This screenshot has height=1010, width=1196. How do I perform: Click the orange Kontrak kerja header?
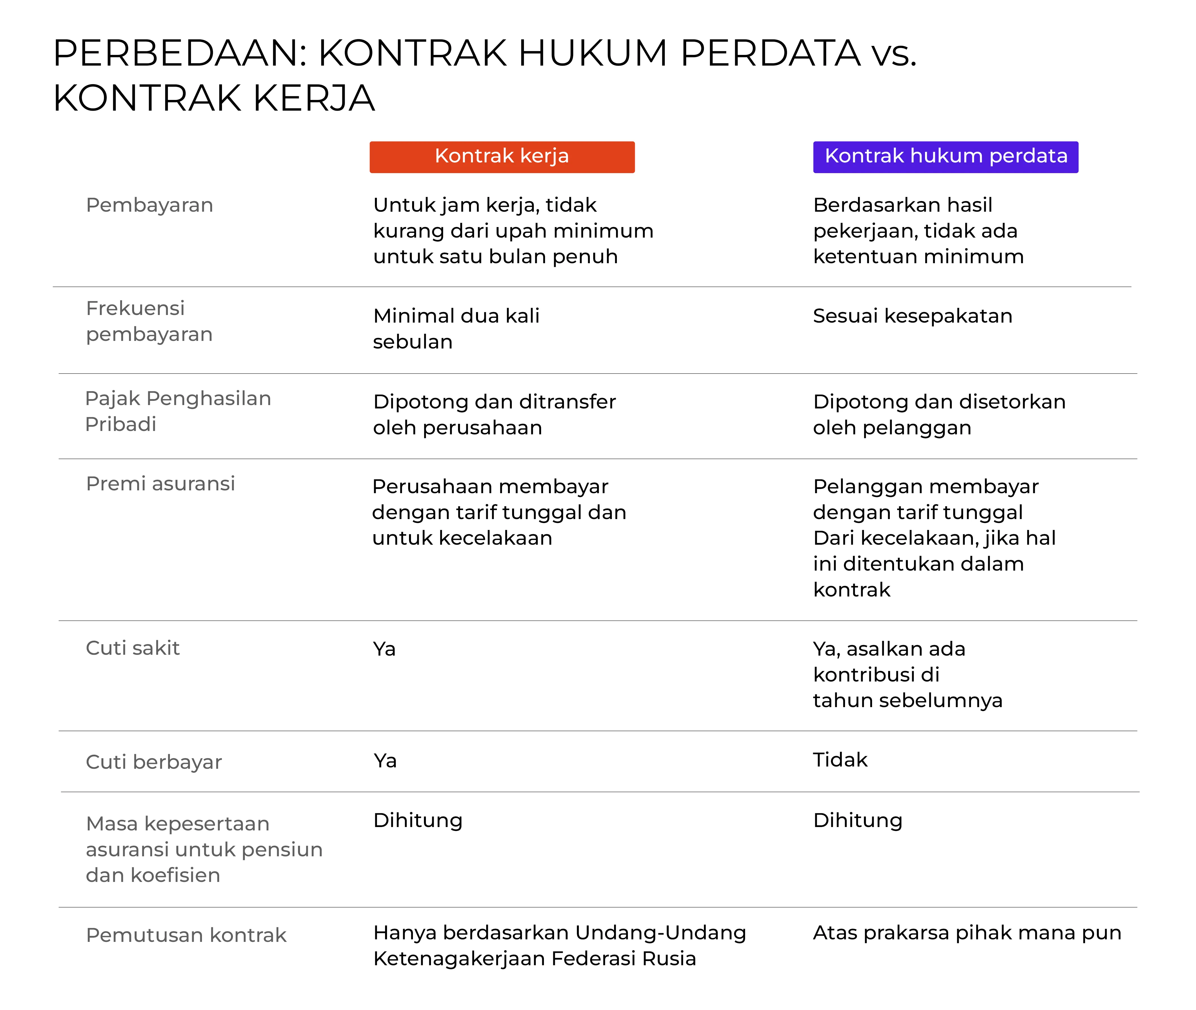(502, 156)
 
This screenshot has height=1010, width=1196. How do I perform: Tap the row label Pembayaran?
(150, 205)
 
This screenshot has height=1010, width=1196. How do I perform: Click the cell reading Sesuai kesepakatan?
(912, 316)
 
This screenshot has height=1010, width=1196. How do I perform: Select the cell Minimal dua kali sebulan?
(456, 329)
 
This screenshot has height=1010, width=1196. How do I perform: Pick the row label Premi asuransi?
(160, 484)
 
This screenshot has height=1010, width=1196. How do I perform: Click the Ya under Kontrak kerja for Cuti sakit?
(384, 649)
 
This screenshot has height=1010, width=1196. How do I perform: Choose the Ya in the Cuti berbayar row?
(385, 761)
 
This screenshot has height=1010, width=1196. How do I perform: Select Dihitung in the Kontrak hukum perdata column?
(857, 821)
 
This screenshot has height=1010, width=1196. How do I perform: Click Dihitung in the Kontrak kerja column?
(417, 821)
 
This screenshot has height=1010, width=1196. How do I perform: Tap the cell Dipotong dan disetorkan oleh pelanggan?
(939, 415)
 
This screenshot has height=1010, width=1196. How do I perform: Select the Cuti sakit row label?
(133, 648)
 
